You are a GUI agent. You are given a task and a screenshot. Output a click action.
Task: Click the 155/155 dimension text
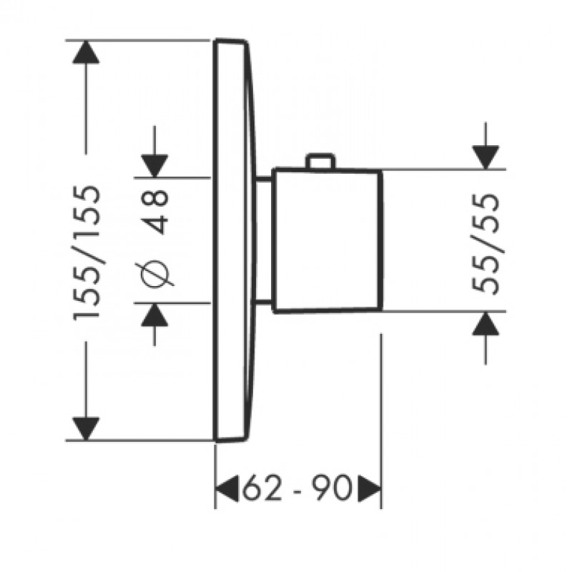87,252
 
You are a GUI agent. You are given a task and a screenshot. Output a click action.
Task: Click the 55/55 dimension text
485,244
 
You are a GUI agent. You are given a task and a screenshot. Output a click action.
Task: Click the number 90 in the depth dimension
332,488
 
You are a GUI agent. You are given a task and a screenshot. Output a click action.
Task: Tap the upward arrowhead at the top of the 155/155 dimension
86,51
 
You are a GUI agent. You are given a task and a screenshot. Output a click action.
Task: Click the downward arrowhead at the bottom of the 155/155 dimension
86,429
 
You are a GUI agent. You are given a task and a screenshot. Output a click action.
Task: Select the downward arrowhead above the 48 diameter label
154,167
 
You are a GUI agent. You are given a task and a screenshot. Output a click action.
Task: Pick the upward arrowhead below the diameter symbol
154,315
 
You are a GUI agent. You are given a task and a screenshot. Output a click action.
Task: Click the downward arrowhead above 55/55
485,157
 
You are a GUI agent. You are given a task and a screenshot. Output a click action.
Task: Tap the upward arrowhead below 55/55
485,324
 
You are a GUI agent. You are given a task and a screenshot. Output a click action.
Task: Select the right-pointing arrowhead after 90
369,488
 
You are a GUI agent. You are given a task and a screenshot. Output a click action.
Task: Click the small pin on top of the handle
320,162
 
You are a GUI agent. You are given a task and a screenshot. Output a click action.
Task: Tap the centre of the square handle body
327,241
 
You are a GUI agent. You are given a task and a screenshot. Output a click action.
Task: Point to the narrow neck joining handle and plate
263,240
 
